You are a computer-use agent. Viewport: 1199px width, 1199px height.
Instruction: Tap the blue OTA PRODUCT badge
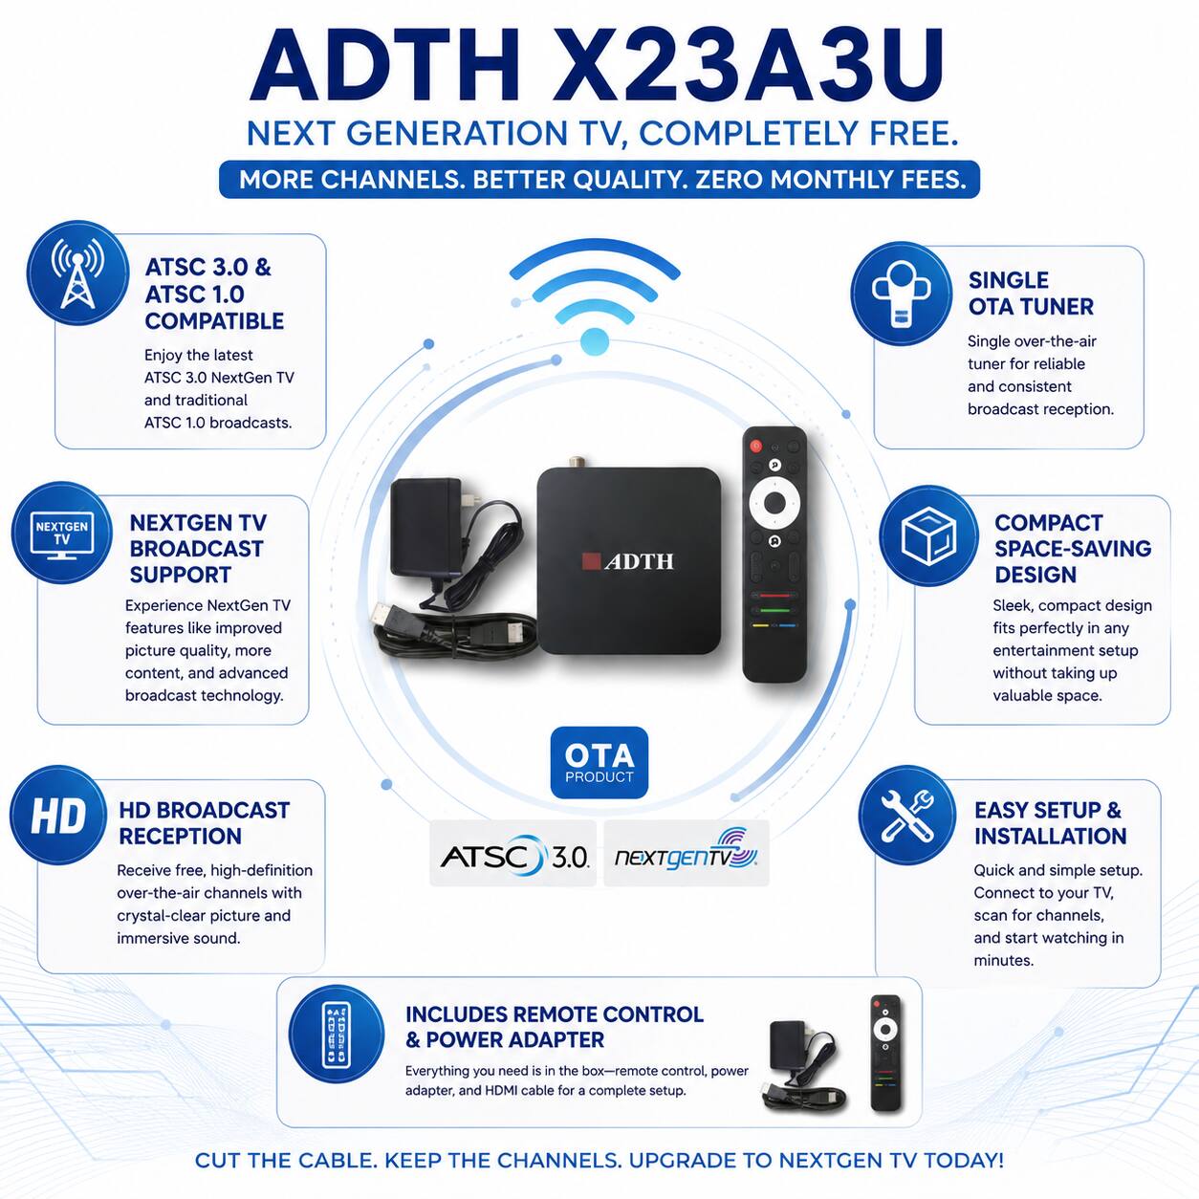(599, 762)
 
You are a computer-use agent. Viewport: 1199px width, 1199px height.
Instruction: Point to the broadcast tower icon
(77, 272)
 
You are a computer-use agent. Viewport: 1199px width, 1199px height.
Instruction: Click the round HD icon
(58, 815)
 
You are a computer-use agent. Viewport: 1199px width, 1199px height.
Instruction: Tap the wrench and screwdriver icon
(907, 815)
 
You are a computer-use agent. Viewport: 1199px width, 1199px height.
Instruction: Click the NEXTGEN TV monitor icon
(61, 533)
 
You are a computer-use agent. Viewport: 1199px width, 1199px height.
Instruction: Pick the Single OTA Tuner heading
(1031, 294)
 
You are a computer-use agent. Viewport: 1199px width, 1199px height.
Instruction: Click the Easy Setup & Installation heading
(1050, 823)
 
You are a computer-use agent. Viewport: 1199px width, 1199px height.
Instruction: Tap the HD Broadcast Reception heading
(204, 823)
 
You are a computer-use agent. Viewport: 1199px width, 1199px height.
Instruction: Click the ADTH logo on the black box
(628, 561)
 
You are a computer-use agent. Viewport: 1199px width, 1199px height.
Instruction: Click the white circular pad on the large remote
(774, 502)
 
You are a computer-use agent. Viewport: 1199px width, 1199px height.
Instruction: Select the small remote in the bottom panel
(886, 1053)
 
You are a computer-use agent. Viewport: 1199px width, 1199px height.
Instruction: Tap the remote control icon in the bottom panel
(336, 1034)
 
